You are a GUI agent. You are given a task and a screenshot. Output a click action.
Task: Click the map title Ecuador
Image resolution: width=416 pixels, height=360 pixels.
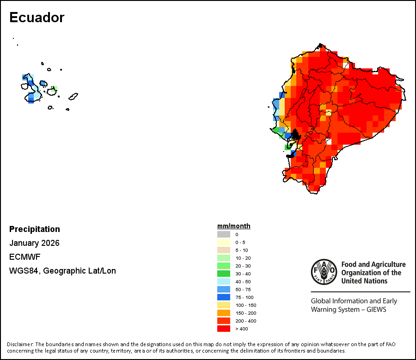37,18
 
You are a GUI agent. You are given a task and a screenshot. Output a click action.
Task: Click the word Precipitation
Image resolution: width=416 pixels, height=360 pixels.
35,229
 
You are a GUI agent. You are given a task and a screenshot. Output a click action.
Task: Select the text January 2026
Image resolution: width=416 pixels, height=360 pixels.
34,243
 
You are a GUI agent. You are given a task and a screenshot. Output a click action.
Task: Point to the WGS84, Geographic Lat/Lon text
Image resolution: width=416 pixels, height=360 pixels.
62,271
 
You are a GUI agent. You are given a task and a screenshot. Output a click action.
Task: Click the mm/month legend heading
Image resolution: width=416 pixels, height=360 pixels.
234,226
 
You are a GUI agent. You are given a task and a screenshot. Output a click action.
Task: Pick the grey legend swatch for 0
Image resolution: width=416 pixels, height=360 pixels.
224,234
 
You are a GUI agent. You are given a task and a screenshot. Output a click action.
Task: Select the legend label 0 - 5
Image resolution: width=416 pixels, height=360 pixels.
240,242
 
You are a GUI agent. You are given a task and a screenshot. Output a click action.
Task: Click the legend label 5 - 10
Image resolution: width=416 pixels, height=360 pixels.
241,250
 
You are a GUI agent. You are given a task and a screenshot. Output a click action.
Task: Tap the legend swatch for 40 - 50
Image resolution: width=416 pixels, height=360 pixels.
224,281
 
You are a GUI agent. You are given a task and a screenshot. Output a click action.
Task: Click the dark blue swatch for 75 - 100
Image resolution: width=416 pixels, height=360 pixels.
224,297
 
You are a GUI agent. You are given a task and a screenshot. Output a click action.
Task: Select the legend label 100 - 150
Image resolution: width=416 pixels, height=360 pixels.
245,305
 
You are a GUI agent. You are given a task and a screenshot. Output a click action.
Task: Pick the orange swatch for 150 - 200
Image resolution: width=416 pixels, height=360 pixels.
224,313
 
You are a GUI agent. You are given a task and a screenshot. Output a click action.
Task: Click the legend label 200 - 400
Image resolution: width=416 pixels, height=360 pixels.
245,321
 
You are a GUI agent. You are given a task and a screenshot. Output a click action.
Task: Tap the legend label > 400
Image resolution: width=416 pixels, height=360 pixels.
242,329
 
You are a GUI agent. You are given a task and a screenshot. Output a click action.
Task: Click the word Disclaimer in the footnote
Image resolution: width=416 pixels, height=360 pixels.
20,344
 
